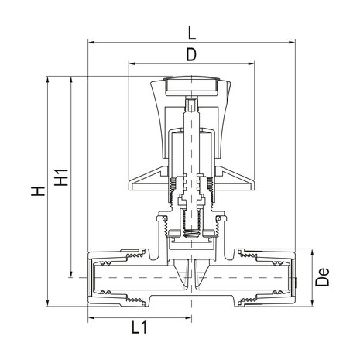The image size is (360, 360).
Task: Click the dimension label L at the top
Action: (x=190, y=33)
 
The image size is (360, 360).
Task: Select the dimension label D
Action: (x=190, y=56)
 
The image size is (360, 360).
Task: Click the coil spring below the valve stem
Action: (x=191, y=229)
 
